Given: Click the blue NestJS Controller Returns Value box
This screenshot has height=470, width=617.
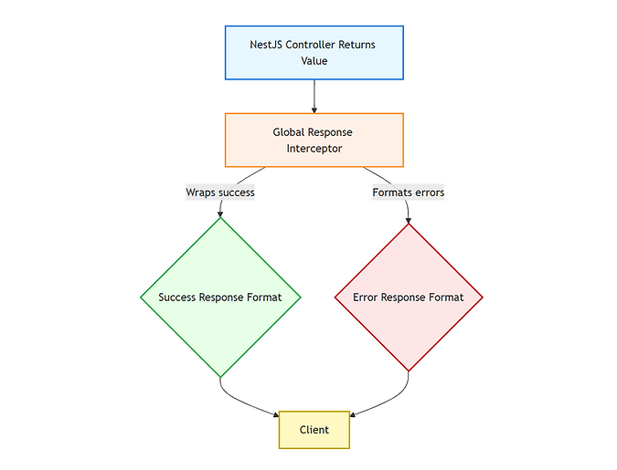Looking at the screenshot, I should click(x=314, y=52).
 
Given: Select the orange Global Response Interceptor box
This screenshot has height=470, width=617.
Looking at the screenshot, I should click(x=314, y=140).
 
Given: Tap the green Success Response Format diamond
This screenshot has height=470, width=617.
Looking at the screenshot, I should click(x=220, y=297).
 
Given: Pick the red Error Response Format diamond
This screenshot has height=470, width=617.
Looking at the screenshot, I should click(x=408, y=297).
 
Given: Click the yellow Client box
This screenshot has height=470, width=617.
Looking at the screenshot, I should click(x=314, y=429).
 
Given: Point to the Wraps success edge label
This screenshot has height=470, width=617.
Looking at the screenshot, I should click(x=220, y=193).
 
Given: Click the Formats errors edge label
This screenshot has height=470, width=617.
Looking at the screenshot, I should click(x=408, y=193).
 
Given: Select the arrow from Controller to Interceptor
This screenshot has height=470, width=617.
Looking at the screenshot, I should click(x=314, y=96).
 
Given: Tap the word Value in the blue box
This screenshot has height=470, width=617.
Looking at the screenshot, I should click(x=314, y=61).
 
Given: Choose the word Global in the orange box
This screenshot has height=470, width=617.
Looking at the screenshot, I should click(x=290, y=132).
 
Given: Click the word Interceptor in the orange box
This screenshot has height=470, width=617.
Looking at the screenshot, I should click(x=314, y=149).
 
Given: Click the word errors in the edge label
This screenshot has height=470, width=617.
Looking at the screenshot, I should click(x=427, y=193).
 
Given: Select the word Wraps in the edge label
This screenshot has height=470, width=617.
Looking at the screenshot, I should click(x=202, y=193).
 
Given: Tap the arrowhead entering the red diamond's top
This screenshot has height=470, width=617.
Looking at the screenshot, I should click(x=408, y=220).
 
